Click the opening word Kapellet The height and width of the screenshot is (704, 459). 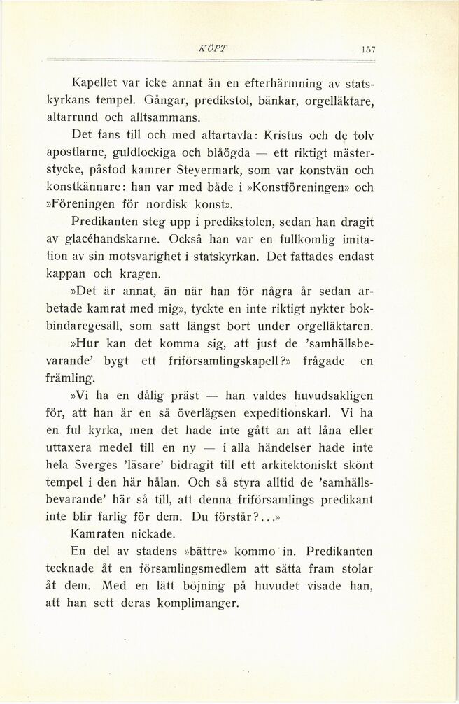click(x=95, y=84)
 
